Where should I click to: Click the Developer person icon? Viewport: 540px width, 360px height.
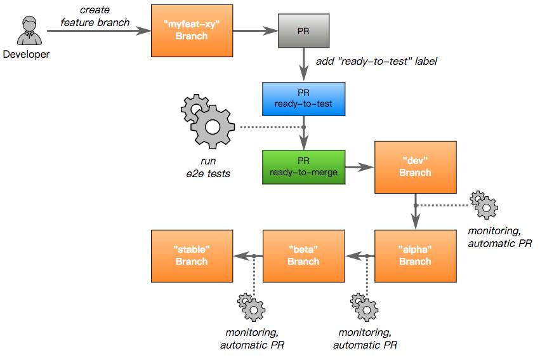tap(30, 30)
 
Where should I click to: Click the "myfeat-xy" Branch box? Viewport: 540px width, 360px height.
tap(192, 30)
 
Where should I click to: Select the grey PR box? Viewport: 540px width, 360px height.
tap(303, 30)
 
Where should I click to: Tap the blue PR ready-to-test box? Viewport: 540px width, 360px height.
tap(303, 99)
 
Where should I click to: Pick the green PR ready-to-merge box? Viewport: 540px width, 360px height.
tap(303, 167)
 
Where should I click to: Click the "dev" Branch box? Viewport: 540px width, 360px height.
tap(416, 167)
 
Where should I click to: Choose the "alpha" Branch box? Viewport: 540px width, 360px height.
tap(416, 256)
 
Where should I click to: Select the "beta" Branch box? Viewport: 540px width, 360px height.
tap(303, 256)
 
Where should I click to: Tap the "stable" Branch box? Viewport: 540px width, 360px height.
tap(192, 256)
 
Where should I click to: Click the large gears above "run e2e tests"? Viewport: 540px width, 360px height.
tap(207, 121)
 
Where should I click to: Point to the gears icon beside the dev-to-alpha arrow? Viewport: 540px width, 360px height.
tap(484, 204)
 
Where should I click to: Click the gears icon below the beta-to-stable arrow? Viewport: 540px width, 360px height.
tap(251, 307)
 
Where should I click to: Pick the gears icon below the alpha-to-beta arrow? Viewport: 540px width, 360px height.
tap(364, 307)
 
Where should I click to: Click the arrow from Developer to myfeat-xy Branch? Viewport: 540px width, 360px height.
tap(99, 30)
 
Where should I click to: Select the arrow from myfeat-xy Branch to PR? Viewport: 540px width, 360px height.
tap(256, 30)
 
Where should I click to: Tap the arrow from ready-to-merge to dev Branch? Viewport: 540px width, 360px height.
tap(360, 168)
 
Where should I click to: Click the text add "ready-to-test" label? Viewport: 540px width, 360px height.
tap(376, 62)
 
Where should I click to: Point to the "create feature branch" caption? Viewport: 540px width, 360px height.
tap(95, 17)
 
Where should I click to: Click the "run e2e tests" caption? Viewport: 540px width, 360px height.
tap(208, 167)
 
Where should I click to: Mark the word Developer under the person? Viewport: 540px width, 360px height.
tap(26, 54)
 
